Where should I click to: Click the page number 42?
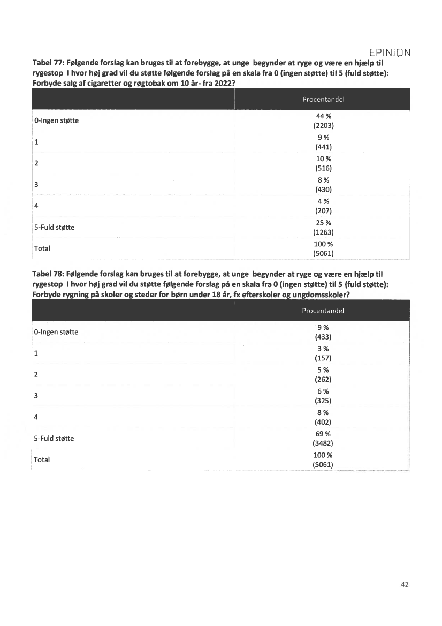point(405,584)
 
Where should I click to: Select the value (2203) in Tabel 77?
point(323,126)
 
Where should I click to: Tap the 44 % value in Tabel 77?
point(323,116)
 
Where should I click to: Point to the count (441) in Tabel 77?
point(323,147)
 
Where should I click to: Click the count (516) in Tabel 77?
point(323,168)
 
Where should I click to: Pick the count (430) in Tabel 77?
point(323,190)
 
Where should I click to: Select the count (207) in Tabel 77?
point(323,211)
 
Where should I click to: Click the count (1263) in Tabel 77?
point(323,232)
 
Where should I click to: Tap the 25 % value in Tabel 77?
point(323,222)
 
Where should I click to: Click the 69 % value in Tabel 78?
point(323,433)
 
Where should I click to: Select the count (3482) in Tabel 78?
point(323,443)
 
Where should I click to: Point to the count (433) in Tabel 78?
point(323,337)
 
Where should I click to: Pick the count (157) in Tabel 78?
point(323,358)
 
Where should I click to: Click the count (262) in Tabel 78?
point(323,380)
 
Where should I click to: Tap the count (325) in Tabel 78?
point(323,401)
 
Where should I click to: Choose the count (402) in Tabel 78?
point(323,422)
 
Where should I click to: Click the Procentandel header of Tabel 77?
point(323,99)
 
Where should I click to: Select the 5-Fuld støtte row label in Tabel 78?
point(54,439)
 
